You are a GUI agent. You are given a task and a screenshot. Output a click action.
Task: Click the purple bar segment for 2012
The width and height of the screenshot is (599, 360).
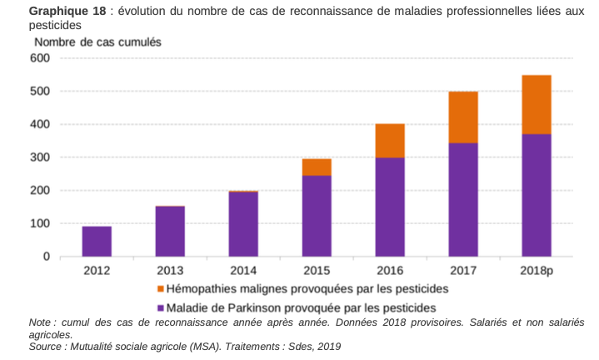pyautogui.click(x=97, y=241)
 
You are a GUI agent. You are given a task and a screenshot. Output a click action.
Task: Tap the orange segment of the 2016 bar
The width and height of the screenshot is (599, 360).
pyautogui.click(x=390, y=140)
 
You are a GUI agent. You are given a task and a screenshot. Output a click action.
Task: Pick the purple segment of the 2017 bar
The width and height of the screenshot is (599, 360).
pyautogui.click(x=463, y=199)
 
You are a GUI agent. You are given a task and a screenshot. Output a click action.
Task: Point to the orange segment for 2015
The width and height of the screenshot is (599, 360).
pyautogui.click(x=317, y=167)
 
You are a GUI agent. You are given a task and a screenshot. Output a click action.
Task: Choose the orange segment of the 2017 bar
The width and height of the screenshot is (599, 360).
pyautogui.click(x=463, y=117)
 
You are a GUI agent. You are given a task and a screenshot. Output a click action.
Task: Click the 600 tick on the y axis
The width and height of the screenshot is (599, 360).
pyautogui.click(x=40, y=58)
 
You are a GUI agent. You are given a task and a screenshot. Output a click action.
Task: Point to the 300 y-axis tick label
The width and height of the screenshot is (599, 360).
pyautogui.click(x=40, y=157)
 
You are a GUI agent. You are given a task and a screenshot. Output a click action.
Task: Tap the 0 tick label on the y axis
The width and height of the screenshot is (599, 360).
pyautogui.click(x=47, y=257)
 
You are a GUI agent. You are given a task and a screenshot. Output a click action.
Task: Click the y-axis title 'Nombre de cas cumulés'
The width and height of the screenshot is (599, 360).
pyautogui.click(x=97, y=42)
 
